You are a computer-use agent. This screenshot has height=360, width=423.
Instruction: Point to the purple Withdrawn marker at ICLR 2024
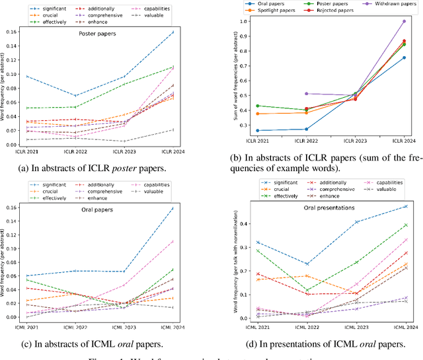pyautogui.click(x=404, y=21)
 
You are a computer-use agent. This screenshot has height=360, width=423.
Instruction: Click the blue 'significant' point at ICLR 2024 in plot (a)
pyautogui.click(x=173, y=32)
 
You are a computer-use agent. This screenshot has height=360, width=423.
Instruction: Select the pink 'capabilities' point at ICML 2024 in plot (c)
pyautogui.click(x=173, y=241)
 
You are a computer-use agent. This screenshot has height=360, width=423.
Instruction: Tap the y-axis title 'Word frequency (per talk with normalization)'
pyautogui.click(x=227, y=261)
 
